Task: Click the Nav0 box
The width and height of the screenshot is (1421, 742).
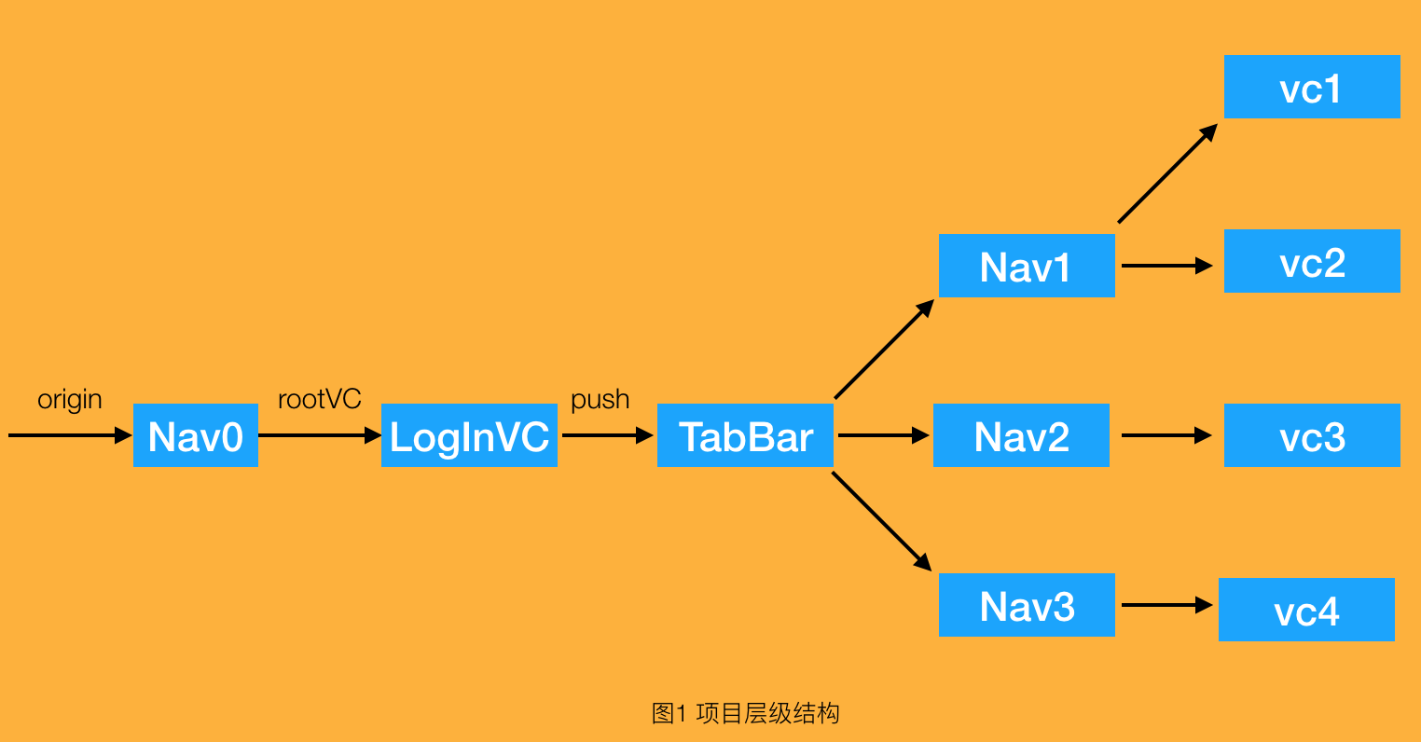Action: [x=196, y=435]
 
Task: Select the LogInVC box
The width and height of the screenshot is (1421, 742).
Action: [x=469, y=435]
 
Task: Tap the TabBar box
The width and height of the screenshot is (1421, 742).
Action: [x=745, y=435]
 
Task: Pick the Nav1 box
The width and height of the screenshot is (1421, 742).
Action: [x=1027, y=266]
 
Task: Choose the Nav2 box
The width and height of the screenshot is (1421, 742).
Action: [x=1021, y=435]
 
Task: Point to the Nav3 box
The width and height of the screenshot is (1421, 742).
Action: [x=1027, y=605]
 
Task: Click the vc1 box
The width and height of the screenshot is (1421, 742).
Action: [x=1312, y=87]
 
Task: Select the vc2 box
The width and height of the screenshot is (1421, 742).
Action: [x=1312, y=261]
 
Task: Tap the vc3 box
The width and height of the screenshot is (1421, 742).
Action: [x=1312, y=435]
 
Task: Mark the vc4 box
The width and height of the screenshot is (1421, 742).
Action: [x=1306, y=610]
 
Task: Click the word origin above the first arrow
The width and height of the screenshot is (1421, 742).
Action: [x=70, y=400]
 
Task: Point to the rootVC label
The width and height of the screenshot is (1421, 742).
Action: [x=320, y=400]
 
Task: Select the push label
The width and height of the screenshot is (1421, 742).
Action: [x=600, y=400]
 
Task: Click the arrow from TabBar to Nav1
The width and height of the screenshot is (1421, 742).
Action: [x=884, y=349]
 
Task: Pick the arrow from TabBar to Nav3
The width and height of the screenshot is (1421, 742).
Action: [x=881, y=520]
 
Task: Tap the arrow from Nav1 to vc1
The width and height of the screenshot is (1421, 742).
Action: [x=1167, y=173]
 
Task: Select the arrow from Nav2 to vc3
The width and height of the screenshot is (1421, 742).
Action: [x=1166, y=435]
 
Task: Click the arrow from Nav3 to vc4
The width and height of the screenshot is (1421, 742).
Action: [x=1166, y=605]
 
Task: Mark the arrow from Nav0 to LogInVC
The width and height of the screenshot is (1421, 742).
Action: [x=320, y=435]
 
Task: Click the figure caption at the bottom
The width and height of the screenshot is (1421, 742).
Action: [x=745, y=714]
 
